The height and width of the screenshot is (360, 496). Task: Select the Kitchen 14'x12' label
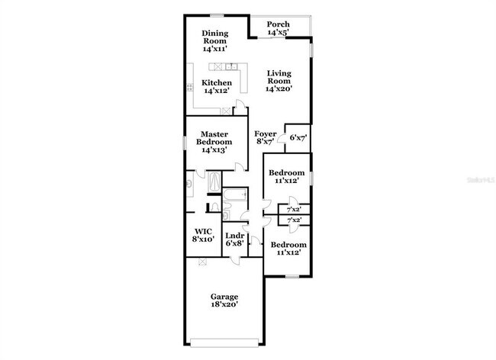(216, 86)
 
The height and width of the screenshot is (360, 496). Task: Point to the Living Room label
(279, 80)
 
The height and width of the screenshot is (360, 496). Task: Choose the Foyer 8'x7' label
(266, 137)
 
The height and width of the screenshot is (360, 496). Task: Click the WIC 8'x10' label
(203, 234)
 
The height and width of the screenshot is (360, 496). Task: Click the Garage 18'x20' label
(225, 301)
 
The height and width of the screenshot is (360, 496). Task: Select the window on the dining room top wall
(216, 14)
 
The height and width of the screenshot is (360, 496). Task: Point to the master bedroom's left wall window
(185, 142)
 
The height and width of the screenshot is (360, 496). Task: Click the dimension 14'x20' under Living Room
(279, 89)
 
